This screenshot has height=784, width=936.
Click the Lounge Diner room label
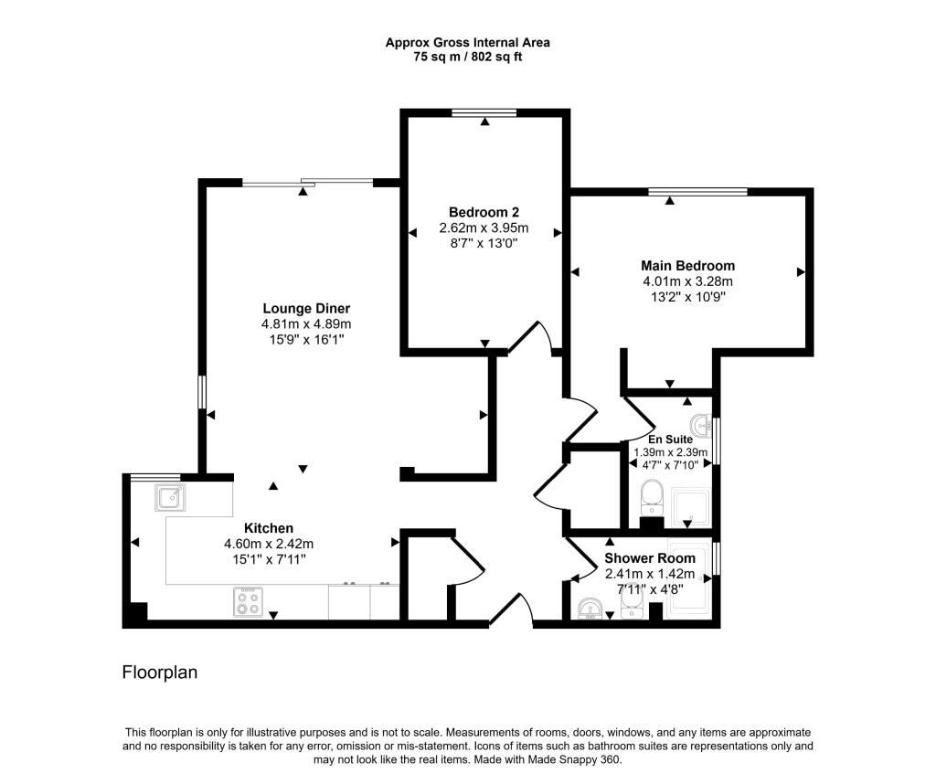pos(306,308)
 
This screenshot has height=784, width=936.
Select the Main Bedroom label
pos(687,265)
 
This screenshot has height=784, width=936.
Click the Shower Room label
pos(650,558)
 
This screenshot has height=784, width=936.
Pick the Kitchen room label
pos(269,528)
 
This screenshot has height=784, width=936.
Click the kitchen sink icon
pos(170,498)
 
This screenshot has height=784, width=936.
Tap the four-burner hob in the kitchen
pos(248,603)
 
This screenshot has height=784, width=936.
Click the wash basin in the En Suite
pos(701,425)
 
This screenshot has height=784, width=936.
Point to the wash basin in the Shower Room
pos(590,608)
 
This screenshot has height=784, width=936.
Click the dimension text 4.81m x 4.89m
pos(306,323)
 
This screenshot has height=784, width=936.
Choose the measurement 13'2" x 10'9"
pos(687,296)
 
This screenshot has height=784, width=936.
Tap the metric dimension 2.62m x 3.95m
pos(484,228)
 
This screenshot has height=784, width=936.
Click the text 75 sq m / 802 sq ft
pos(467,57)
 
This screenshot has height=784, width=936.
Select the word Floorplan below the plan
pos(160,673)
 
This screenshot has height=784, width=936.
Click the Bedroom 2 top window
pos(484,112)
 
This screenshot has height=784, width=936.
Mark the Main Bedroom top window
pos(697,192)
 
